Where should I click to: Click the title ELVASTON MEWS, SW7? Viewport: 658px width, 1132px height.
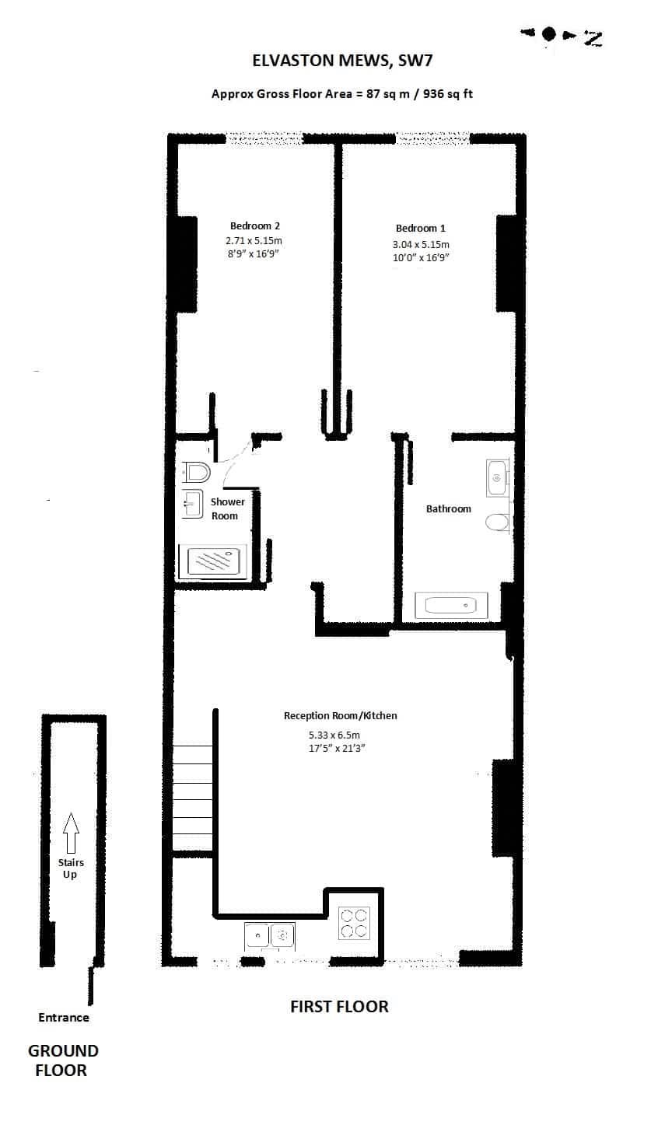342,61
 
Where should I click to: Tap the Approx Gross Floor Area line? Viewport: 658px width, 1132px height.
342,94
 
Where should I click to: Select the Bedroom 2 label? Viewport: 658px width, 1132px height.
254,226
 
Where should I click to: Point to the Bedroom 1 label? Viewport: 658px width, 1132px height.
421,229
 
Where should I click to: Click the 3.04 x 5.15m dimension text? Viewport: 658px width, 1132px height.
421,245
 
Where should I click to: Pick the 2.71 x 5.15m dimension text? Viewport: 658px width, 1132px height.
254,240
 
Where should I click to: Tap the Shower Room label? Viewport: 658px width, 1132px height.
227,508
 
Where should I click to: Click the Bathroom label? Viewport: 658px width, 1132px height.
448,509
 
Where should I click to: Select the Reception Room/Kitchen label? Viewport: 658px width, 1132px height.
340,715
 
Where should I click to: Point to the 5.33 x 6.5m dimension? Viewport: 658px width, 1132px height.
334,735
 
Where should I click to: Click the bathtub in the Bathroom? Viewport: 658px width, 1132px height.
451,605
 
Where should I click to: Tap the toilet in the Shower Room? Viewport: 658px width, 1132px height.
197,472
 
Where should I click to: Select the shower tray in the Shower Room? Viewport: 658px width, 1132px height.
213,561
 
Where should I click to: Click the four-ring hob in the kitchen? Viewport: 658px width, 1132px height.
354,924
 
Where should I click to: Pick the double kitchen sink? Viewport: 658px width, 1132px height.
269,935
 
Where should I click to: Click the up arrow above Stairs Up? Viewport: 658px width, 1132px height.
71,833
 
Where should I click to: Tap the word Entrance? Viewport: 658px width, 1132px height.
64,1017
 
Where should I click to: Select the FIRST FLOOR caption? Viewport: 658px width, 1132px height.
340,1007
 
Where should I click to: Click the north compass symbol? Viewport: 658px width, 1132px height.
562,36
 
